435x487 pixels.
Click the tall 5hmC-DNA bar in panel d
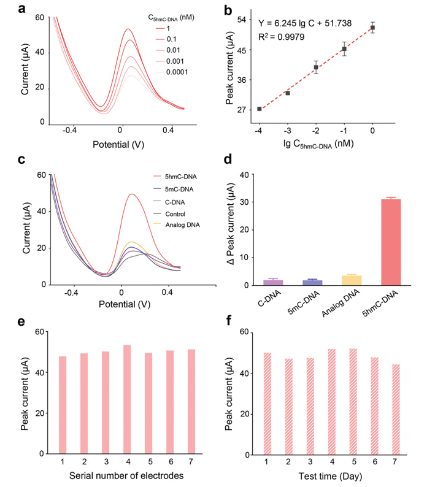click(x=390, y=242)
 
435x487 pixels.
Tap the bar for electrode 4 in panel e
click(x=127, y=399)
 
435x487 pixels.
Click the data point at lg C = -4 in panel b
click(x=260, y=109)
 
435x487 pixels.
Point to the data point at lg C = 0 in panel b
click(x=372, y=28)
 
